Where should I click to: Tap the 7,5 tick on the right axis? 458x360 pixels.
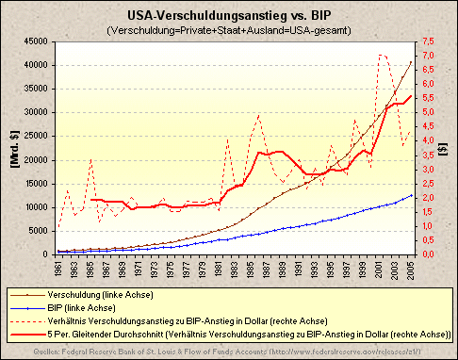[x=427, y=41]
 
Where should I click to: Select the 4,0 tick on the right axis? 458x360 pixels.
[x=427, y=141]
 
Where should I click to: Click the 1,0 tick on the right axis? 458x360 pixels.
[x=427, y=226]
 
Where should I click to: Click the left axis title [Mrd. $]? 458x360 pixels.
[x=13, y=149]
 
